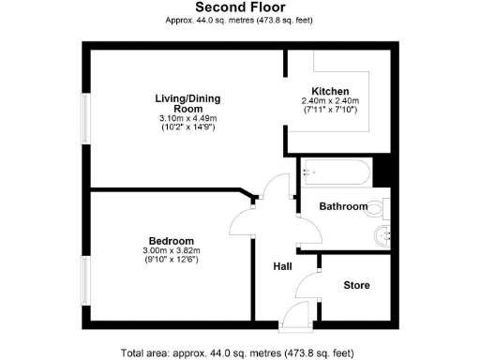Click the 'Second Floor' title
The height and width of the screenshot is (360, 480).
[240, 7]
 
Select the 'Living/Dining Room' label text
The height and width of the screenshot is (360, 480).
[187, 102]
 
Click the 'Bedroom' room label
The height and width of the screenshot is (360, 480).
[172, 239]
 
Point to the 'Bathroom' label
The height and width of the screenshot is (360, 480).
[343, 206]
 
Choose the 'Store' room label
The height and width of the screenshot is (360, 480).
[356, 285]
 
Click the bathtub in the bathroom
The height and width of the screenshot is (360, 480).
[336, 174]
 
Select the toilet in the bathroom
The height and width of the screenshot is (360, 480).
[379, 207]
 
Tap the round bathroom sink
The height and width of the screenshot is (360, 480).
[382, 236]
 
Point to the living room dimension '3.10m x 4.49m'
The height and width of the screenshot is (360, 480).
[187, 118]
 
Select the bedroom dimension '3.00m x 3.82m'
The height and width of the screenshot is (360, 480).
[172, 250]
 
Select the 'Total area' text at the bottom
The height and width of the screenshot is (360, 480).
[240, 352]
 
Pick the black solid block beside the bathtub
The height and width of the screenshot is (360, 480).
[382, 173]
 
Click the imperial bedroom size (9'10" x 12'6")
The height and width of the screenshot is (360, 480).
[172, 261]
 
